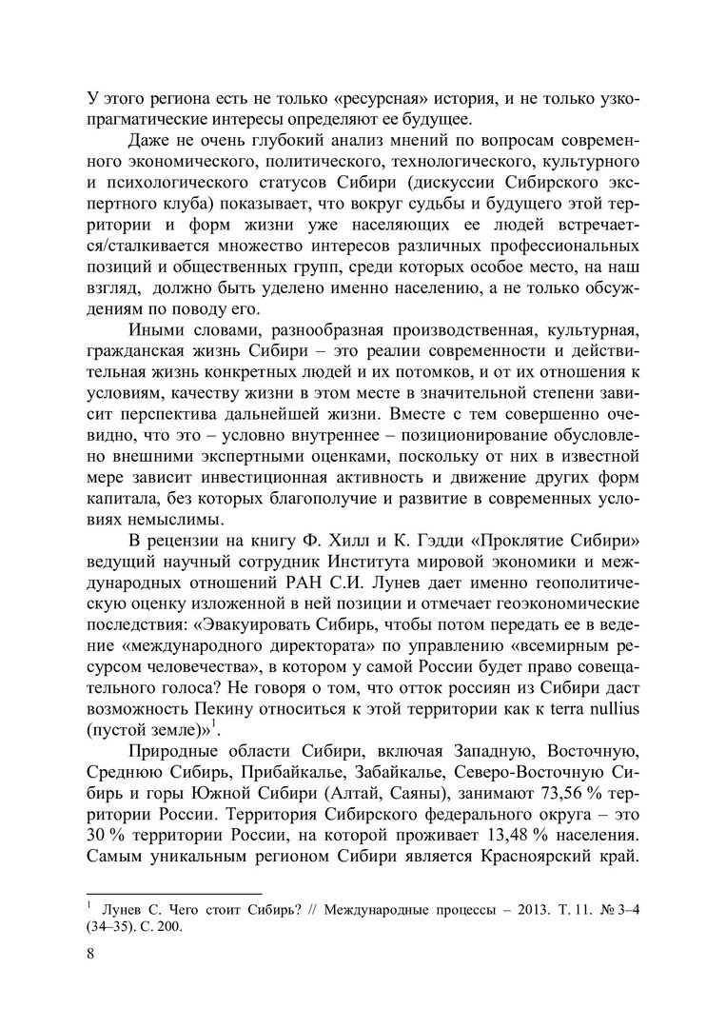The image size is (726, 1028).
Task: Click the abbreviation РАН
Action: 308,586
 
